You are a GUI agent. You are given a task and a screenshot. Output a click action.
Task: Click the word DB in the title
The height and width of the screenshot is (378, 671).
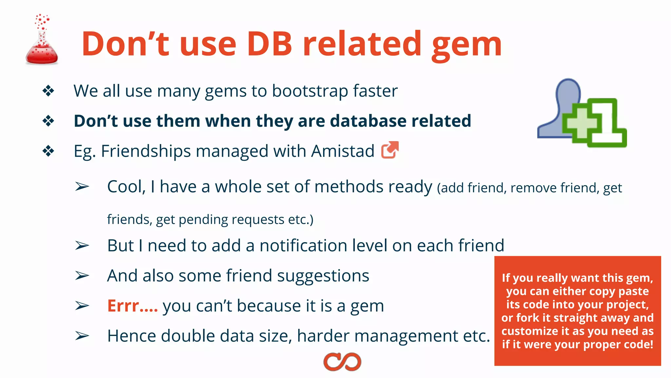(x=269, y=44)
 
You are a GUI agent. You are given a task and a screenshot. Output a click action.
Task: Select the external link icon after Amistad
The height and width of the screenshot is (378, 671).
(x=390, y=150)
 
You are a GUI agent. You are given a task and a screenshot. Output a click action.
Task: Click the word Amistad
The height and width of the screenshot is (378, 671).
(x=343, y=151)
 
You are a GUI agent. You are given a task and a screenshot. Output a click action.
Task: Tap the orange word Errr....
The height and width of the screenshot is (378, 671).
(x=132, y=306)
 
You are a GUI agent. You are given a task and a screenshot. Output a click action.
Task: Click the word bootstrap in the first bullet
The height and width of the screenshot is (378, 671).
(x=310, y=91)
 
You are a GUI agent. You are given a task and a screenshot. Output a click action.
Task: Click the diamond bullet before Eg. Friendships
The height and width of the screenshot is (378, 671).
(x=48, y=151)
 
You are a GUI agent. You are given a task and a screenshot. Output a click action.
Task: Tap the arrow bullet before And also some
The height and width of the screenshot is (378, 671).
(x=82, y=276)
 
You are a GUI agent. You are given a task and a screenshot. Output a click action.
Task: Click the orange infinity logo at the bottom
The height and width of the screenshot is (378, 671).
(x=342, y=362)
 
